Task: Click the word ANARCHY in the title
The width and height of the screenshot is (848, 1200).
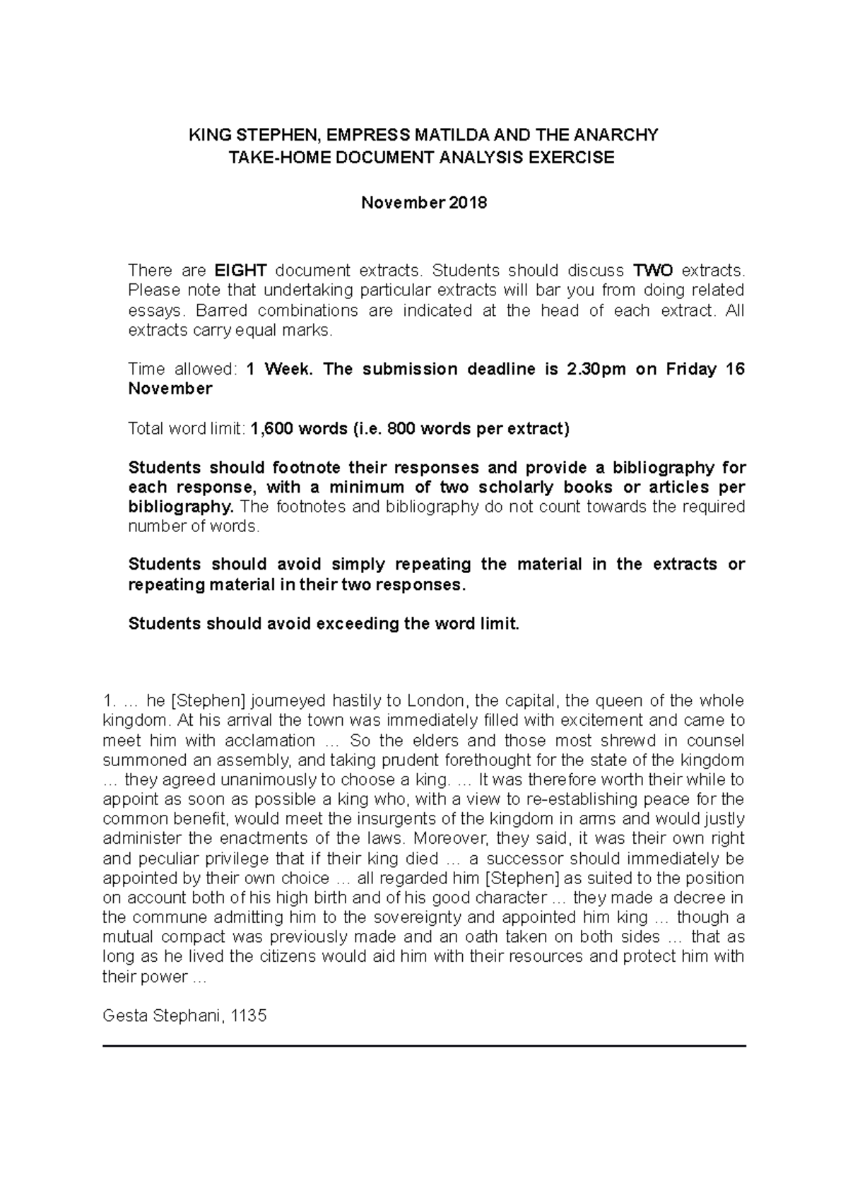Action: click(616, 135)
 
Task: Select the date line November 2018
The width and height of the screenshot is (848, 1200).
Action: click(424, 203)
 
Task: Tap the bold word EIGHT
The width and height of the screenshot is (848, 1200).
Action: click(240, 271)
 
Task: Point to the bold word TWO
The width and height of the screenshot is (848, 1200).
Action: click(653, 271)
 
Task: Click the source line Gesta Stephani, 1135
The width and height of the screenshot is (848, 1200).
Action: click(184, 1016)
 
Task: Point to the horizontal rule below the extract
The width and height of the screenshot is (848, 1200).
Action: click(424, 1045)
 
